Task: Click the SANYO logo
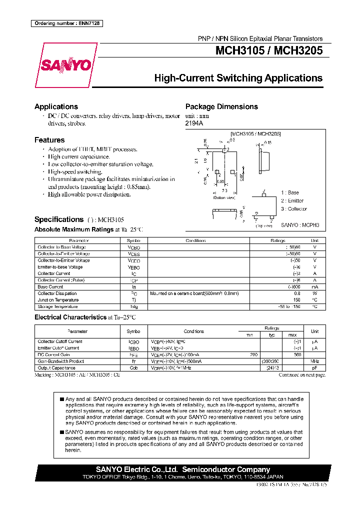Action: coord(65,65)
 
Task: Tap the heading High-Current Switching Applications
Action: coord(238,78)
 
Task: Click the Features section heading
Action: coord(49,140)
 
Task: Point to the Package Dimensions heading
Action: coord(221,106)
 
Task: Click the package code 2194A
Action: coord(194,123)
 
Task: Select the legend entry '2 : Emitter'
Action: coord(292,200)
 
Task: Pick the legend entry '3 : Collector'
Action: coord(293,209)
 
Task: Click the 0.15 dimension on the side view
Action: coord(267,142)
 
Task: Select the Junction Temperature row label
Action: coord(57,300)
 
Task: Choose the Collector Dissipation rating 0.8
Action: coord(310,293)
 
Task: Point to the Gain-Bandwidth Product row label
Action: coord(61,361)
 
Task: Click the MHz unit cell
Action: coord(314,361)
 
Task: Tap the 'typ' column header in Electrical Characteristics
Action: coord(272,334)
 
